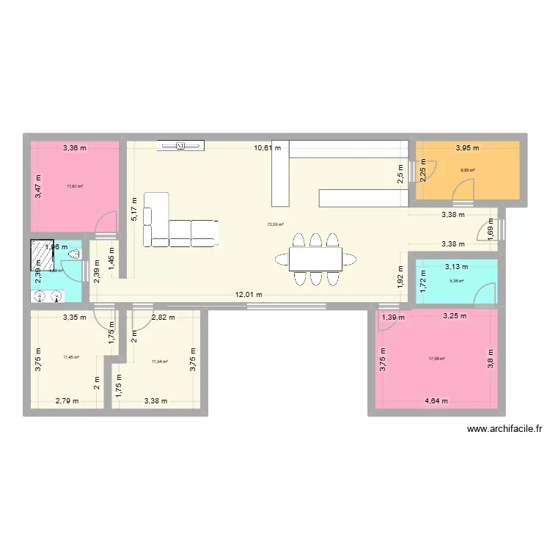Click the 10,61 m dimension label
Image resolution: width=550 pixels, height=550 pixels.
(268, 148)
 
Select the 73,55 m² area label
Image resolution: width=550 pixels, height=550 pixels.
(275, 225)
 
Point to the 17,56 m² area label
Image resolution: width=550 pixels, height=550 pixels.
(438, 359)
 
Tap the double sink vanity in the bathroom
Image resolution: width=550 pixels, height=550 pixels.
(48, 296)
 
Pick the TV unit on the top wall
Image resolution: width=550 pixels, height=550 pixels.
(180, 147)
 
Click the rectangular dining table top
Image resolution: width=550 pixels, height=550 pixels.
(315, 258)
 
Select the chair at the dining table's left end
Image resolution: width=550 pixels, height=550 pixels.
(282, 258)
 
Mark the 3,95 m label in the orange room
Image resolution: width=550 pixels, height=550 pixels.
(466, 148)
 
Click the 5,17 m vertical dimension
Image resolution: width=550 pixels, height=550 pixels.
(133, 209)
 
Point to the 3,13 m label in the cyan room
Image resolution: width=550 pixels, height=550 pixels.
(455, 267)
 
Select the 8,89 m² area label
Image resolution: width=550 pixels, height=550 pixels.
(467, 171)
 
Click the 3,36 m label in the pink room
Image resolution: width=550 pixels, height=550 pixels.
(73, 148)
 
